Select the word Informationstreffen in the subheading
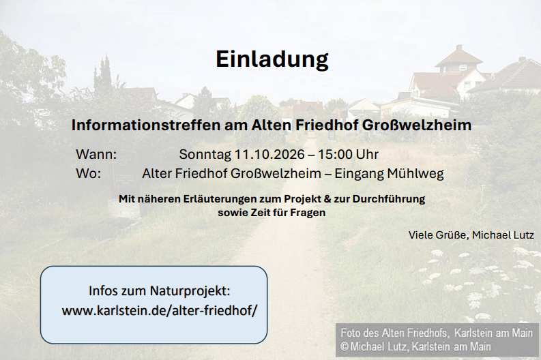click(146, 125)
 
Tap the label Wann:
click(96, 154)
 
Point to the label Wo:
click(88, 173)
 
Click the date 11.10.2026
click(269, 154)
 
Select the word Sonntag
click(205, 155)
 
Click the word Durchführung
click(388, 199)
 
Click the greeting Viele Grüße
click(438, 235)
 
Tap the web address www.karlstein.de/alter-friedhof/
click(160, 310)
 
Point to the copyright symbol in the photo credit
click(344, 346)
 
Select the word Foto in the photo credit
click(350, 333)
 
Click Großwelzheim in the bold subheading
click(416, 125)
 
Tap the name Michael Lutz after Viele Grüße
click(503, 235)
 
